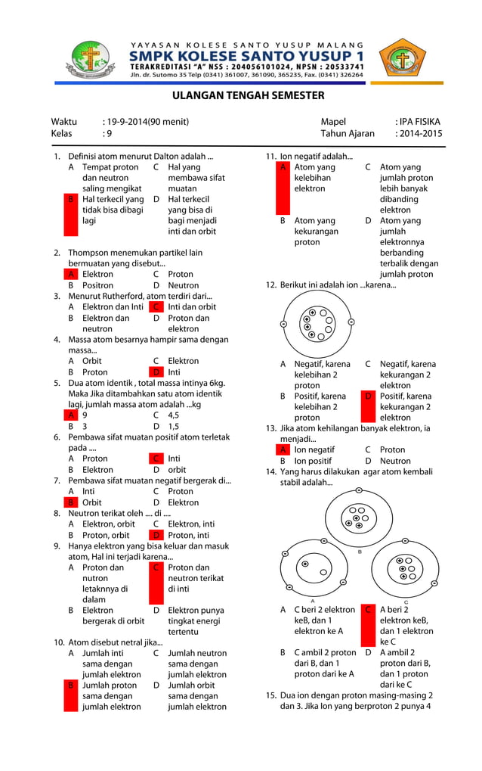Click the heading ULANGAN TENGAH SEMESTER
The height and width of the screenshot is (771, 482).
[x=248, y=95]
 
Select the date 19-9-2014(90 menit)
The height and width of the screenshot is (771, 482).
[x=145, y=122]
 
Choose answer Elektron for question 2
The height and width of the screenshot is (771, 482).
[x=97, y=275]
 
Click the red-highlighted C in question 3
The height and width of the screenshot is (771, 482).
[x=156, y=307]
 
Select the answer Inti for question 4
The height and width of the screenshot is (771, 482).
[x=174, y=372]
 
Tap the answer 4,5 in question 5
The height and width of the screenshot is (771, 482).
[x=174, y=415]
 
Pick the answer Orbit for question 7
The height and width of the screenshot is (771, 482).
[x=92, y=502]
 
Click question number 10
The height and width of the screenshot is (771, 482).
[x=58, y=642]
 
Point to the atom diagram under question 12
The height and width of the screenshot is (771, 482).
[x=317, y=322]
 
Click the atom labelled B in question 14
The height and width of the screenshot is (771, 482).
[x=360, y=518]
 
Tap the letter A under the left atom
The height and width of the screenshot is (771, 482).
[x=313, y=599]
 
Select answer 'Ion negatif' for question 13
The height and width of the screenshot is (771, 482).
[x=311, y=449]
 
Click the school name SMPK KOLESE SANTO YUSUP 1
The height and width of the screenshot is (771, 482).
[x=246, y=57]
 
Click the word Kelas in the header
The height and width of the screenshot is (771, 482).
[x=61, y=134]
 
